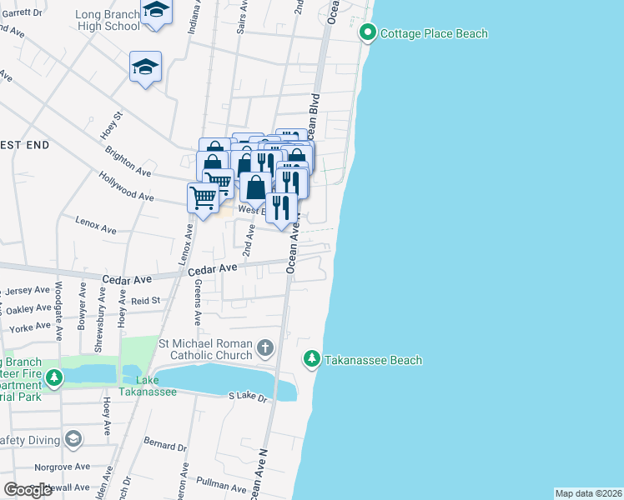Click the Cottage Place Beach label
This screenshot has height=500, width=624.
(x=434, y=33)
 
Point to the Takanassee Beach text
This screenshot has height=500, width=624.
(x=373, y=360)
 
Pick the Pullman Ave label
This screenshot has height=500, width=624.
(x=218, y=482)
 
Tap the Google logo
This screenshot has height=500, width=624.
(x=28, y=490)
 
